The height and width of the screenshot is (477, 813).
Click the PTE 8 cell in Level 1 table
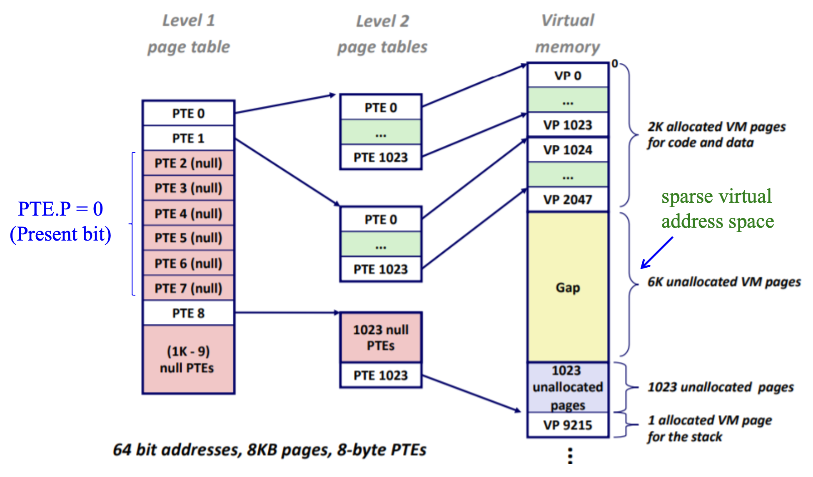(188, 313)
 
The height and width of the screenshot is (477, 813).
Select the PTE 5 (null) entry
(188, 238)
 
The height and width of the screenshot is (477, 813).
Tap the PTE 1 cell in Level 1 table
(188, 138)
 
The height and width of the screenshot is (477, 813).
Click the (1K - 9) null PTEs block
(188, 360)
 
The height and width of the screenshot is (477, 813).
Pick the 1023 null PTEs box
(381, 338)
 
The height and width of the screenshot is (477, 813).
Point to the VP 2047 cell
(568, 200)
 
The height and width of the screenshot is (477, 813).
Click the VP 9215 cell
(568, 425)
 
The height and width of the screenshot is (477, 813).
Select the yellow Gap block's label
(568, 288)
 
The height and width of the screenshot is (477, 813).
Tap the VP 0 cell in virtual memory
(568, 76)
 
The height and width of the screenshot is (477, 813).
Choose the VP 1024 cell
(568, 150)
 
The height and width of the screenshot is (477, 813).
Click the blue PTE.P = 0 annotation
(60, 209)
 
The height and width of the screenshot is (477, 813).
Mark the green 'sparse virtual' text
(716, 196)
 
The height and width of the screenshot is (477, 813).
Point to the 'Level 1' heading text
(189, 20)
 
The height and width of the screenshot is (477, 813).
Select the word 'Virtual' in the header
(568, 20)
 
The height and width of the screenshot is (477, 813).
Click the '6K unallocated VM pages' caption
(724, 282)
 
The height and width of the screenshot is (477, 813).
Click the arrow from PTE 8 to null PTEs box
(287, 312)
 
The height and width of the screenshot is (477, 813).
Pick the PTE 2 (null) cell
(188, 163)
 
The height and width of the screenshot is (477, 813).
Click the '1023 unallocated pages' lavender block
(568, 388)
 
